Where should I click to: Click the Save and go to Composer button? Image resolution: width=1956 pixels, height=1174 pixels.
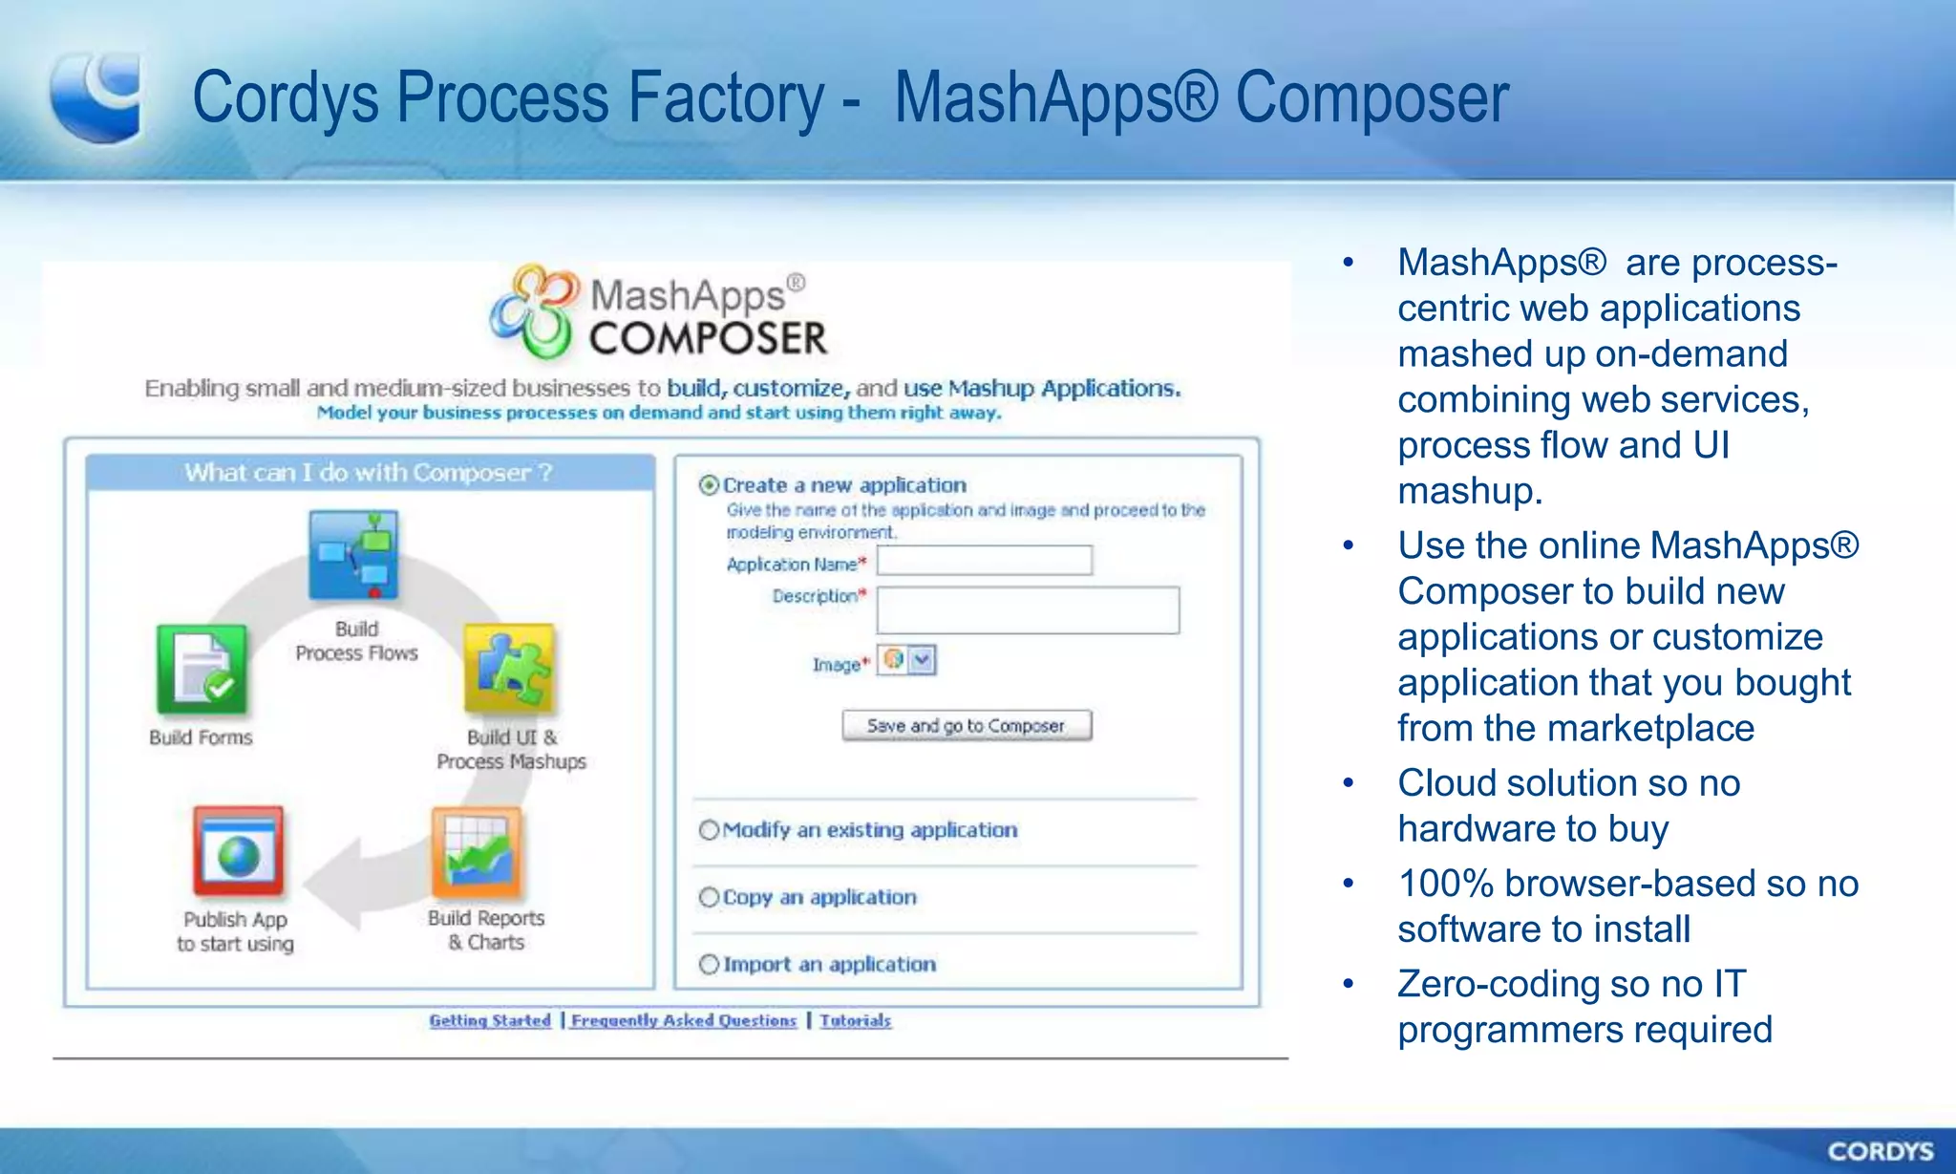tap(966, 726)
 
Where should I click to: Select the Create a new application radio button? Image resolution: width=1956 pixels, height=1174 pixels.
tap(709, 485)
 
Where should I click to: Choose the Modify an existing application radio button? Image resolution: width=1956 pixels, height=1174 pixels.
tap(709, 830)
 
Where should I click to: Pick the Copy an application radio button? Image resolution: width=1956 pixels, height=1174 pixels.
tap(709, 897)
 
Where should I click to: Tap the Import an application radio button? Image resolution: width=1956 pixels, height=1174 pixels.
tap(709, 965)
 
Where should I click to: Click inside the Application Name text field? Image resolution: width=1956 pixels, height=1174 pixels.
tap(984, 561)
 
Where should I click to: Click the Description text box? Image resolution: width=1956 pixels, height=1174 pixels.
tap(1027, 610)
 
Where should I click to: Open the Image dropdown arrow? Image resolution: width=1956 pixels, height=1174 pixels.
tap(922, 660)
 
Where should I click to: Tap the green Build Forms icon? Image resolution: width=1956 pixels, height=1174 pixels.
tap(202, 670)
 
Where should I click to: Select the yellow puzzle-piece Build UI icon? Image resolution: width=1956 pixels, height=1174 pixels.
tap(510, 669)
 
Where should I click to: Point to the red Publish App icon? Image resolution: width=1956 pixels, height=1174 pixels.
tap(238, 851)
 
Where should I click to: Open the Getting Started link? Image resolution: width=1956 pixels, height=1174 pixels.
tap(490, 1020)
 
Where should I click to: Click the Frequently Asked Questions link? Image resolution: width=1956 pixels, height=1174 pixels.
tap(684, 1020)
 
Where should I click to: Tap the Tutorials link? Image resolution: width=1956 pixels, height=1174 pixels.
tap(855, 1020)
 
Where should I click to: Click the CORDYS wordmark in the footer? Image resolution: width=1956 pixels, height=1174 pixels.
tap(1880, 1151)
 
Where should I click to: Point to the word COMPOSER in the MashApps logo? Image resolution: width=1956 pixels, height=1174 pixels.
tap(708, 339)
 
